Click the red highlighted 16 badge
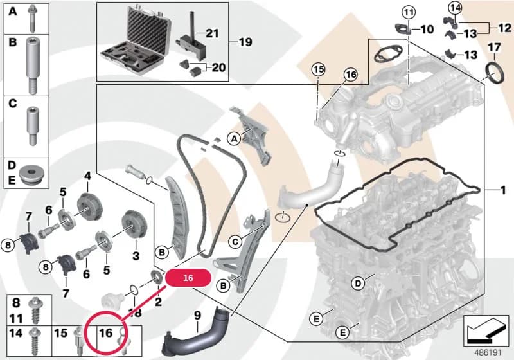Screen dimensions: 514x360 pyautogui.click(x=188, y=278)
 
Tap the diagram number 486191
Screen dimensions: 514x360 pyautogui.click(x=488, y=353)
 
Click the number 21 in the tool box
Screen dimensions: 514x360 pyautogui.click(x=212, y=33)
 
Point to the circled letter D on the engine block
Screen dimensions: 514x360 pyautogui.click(x=358, y=283)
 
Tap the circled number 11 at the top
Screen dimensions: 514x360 pyautogui.click(x=409, y=13)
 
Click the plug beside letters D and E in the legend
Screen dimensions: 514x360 pyautogui.click(x=31, y=174)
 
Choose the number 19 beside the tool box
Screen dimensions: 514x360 pyautogui.click(x=245, y=42)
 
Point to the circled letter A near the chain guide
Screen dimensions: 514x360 pyautogui.click(x=234, y=139)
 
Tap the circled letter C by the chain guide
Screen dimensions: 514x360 pyautogui.click(x=235, y=242)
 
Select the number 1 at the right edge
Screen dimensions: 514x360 pyautogui.click(x=503, y=190)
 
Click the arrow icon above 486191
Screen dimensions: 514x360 pyautogui.click(x=486, y=330)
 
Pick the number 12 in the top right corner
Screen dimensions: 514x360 pyautogui.click(x=504, y=28)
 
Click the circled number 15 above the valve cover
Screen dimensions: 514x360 pyautogui.click(x=318, y=69)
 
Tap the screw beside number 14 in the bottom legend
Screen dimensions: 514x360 pyautogui.click(x=34, y=341)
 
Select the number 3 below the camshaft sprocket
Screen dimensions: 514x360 pyautogui.click(x=136, y=255)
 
